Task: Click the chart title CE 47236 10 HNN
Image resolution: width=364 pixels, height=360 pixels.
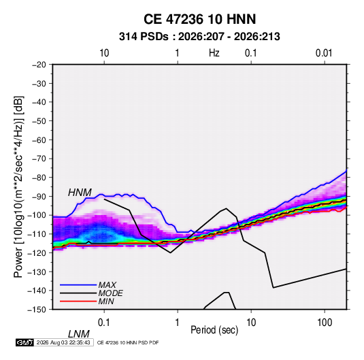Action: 199,19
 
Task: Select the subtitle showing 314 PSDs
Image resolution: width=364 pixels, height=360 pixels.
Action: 199,37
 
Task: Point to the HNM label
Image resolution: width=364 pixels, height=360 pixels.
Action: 80,193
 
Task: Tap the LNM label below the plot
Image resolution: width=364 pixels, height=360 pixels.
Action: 79,334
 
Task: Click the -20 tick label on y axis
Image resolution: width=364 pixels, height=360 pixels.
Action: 39,65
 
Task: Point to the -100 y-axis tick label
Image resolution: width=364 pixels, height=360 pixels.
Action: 37,215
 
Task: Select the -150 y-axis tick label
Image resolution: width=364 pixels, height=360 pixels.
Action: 37,310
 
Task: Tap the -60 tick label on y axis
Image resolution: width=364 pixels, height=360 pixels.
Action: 39,140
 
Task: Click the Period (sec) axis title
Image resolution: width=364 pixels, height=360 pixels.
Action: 214,330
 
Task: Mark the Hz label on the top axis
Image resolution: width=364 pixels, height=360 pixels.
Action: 214,53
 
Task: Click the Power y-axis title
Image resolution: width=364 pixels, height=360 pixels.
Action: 18,186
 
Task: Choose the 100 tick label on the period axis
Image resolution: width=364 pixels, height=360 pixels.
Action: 324,323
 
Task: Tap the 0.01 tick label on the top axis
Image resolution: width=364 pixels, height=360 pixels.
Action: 324,53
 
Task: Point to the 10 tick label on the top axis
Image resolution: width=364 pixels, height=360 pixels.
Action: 104,53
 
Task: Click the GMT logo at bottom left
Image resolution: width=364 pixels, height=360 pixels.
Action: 25,342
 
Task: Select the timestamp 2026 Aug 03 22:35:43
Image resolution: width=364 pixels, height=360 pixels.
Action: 63,342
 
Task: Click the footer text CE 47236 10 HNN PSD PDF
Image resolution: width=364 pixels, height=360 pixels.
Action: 128,342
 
